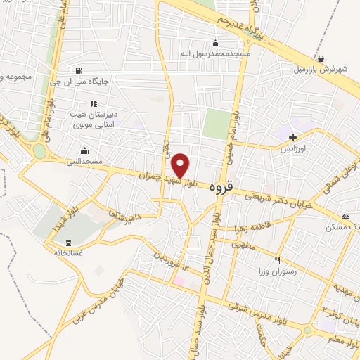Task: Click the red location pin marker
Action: (181, 165)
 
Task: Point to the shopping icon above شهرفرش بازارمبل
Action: (321, 58)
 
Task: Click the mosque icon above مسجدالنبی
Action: (85, 150)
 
